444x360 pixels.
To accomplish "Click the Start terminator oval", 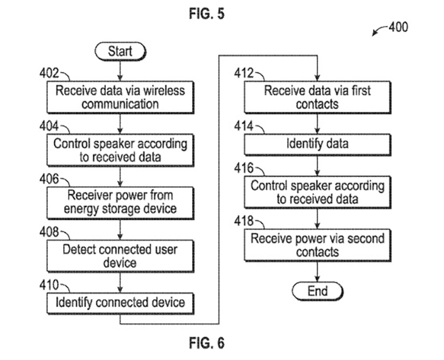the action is (x=121, y=51).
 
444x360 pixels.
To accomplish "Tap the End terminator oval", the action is (x=317, y=291).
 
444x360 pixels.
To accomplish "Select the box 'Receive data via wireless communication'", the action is (x=121, y=97).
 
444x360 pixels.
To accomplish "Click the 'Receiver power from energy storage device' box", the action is (x=121, y=203).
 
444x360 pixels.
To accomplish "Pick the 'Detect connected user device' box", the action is (x=121, y=256).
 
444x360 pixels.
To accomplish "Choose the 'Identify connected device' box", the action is (x=121, y=303).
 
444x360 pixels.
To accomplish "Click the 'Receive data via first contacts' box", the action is (x=317, y=97).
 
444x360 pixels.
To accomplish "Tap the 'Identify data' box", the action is (x=317, y=145).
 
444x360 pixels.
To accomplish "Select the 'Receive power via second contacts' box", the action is (x=317, y=245).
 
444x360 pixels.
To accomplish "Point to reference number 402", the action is (x=49, y=73).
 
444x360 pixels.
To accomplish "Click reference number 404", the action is (x=49, y=126).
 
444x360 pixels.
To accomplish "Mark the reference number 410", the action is (x=49, y=285).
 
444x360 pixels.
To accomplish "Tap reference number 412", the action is (x=244, y=73).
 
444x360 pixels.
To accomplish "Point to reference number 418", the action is (x=244, y=221).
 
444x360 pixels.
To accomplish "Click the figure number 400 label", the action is (x=398, y=27).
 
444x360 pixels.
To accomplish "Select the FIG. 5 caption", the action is (x=207, y=13).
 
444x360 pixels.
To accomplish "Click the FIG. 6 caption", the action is (x=207, y=343).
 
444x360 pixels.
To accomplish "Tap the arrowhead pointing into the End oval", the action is (x=317, y=279).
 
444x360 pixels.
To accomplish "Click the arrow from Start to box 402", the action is (x=120, y=71).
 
